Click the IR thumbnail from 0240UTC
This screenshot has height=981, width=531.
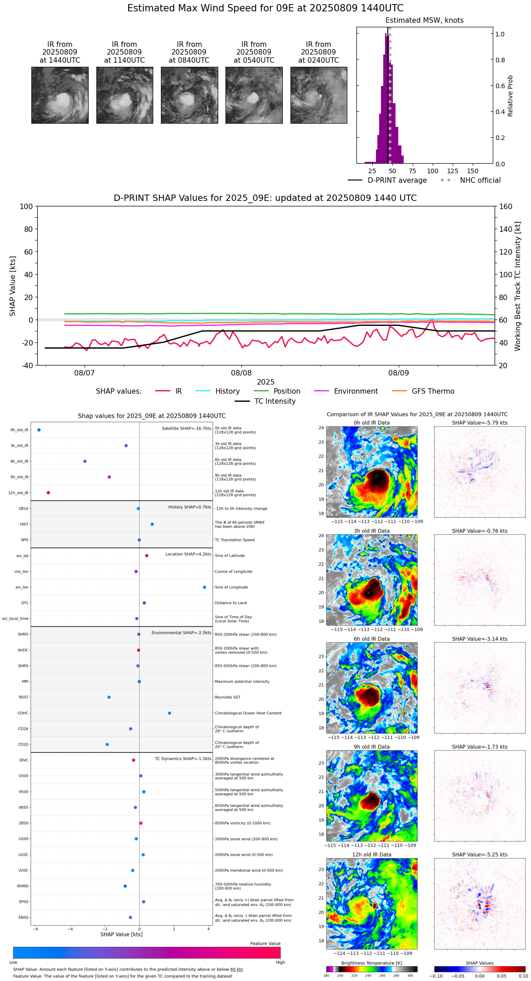pyautogui.click(x=319, y=95)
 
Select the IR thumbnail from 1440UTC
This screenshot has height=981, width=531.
pyautogui.click(x=60, y=95)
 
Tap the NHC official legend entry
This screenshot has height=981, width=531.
pyautogui.click(x=480, y=180)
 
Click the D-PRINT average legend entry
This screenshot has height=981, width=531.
pyautogui.click(x=397, y=180)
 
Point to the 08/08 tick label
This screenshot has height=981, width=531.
pyautogui.click(x=241, y=373)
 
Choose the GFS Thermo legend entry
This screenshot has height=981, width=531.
pyautogui.click(x=433, y=391)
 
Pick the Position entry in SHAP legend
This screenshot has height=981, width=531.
pyautogui.click(x=286, y=391)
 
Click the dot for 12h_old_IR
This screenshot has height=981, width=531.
pyautogui.click(x=48, y=493)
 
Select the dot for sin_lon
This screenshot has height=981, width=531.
pyautogui.click(x=205, y=587)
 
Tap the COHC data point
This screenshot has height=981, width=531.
pyautogui.click(x=170, y=713)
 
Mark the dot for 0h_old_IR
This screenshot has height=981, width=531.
pyautogui.click(x=39, y=430)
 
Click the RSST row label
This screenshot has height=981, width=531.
pyautogui.click(x=24, y=697)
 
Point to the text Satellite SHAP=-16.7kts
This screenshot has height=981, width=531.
pyautogui.click(x=186, y=429)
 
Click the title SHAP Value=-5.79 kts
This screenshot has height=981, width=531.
pyautogui.click(x=480, y=423)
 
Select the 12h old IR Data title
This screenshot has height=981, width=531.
pyautogui.click(x=371, y=855)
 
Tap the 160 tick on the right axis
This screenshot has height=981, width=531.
pyautogui.click(x=506, y=206)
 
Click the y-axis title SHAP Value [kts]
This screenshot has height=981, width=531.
pyautogui.click(x=13, y=286)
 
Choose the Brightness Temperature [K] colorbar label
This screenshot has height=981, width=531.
pyautogui.click(x=371, y=963)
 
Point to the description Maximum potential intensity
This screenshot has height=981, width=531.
pyautogui.click(x=242, y=682)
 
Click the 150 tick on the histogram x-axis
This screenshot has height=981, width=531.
pyautogui.click(x=473, y=171)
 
